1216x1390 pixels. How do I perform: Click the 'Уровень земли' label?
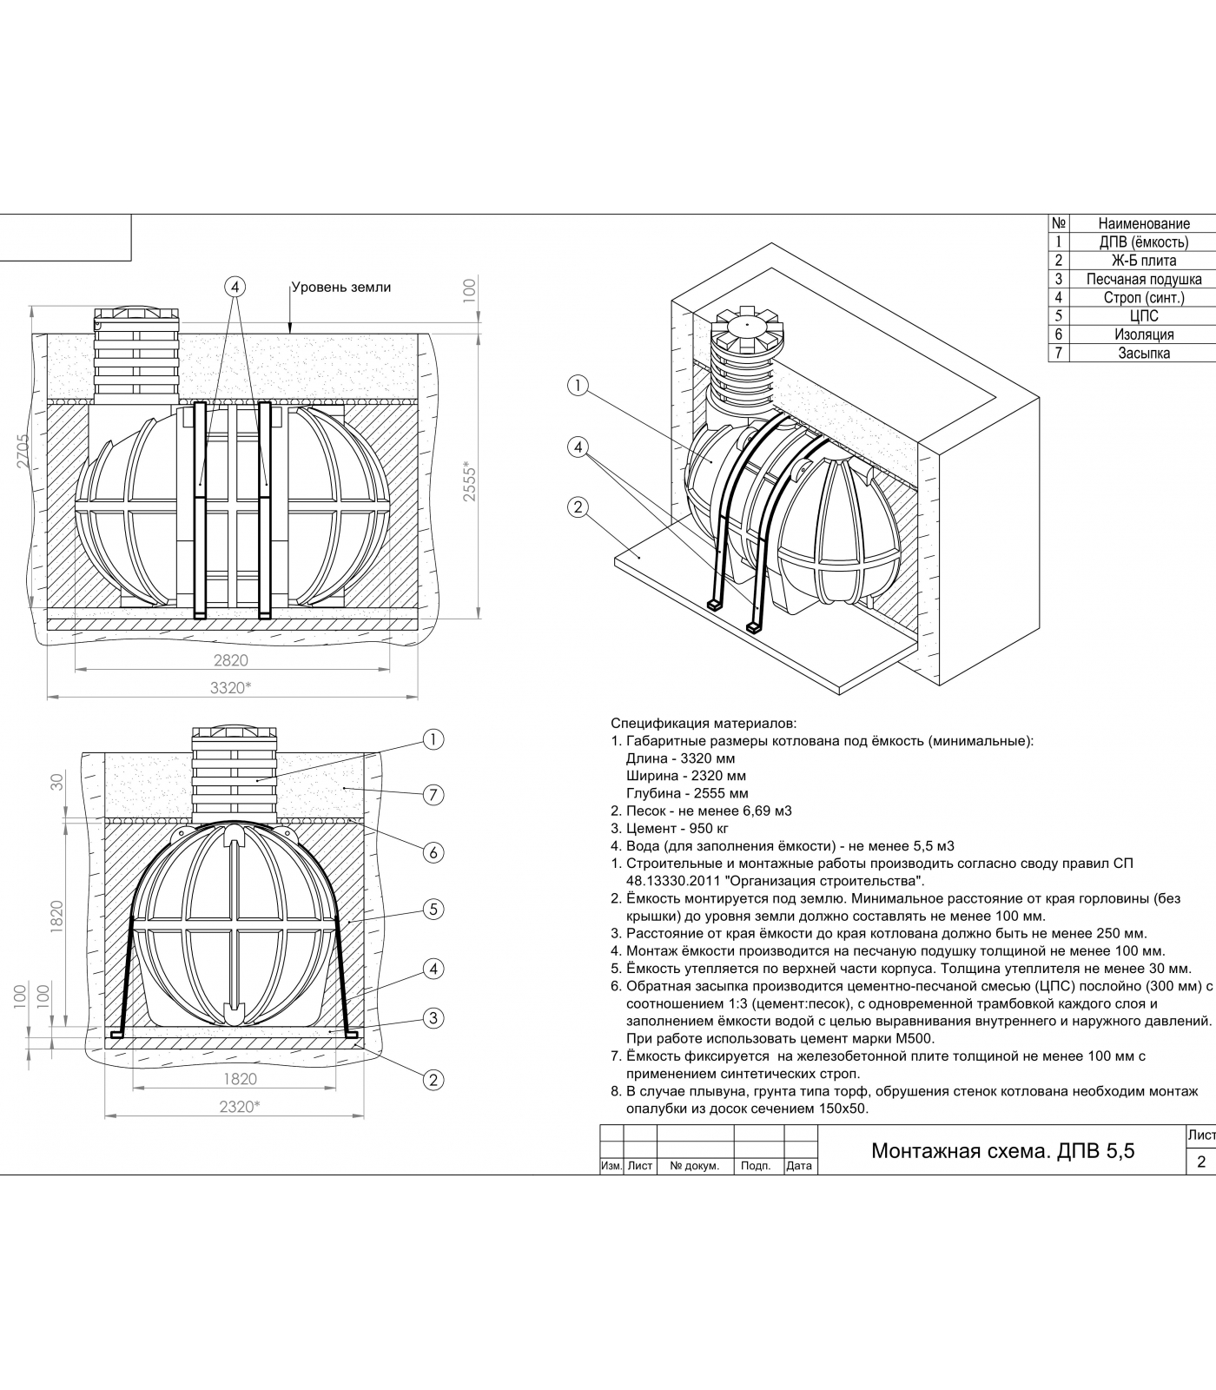click(x=340, y=287)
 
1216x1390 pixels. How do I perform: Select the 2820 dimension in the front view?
click(x=231, y=660)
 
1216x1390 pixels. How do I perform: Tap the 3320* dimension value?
click(x=231, y=688)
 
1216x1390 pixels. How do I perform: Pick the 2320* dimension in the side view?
click(x=240, y=1107)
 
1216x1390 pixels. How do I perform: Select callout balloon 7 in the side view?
click(x=433, y=794)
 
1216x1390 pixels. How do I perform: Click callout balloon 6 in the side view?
click(x=433, y=852)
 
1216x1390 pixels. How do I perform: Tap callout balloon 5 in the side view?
click(x=433, y=910)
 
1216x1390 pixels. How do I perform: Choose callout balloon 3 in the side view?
click(x=433, y=1018)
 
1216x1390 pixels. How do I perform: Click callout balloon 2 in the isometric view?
click(x=578, y=507)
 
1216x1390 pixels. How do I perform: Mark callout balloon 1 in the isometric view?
click(x=578, y=386)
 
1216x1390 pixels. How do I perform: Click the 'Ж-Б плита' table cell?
click(x=1143, y=261)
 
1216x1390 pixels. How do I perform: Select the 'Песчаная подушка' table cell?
click(x=1143, y=279)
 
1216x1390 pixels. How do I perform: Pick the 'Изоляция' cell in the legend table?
click(x=1143, y=334)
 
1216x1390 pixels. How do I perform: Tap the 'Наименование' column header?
click(x=1143, y=224)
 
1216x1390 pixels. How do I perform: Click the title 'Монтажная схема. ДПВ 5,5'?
click(x=1002, y=1151)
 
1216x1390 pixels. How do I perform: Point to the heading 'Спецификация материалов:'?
click(x=704, y=723)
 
